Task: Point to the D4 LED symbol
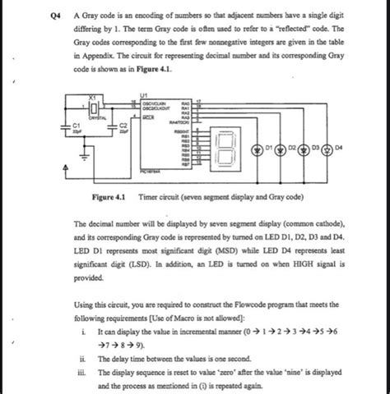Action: [341, 150]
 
